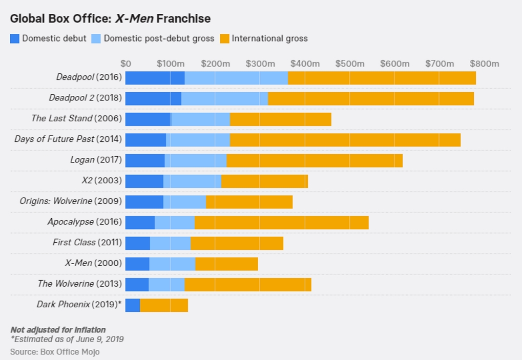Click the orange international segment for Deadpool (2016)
pos(382,78)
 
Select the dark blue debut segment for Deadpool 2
pos(153,98)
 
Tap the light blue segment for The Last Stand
pos(200,119)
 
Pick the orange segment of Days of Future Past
pos(345,140)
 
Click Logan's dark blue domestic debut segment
pos(145,160)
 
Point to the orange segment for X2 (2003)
pos(265,181)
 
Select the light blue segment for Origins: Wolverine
pos(184,202)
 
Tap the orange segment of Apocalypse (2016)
pos(282,222)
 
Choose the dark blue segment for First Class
pos(137,243)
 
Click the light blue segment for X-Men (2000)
pos(173,264)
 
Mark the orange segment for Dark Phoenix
pos(164,305)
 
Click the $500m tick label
pos(349,63)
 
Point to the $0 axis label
pos(126,63)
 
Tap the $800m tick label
pos(485,63)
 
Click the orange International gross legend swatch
pos(225,38)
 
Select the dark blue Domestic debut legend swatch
pos(15,38)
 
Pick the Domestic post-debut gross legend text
pos(159,38)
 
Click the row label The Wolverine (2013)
pos(80,284)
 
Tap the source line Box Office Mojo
pos(55,352)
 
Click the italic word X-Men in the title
pos(135,18)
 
